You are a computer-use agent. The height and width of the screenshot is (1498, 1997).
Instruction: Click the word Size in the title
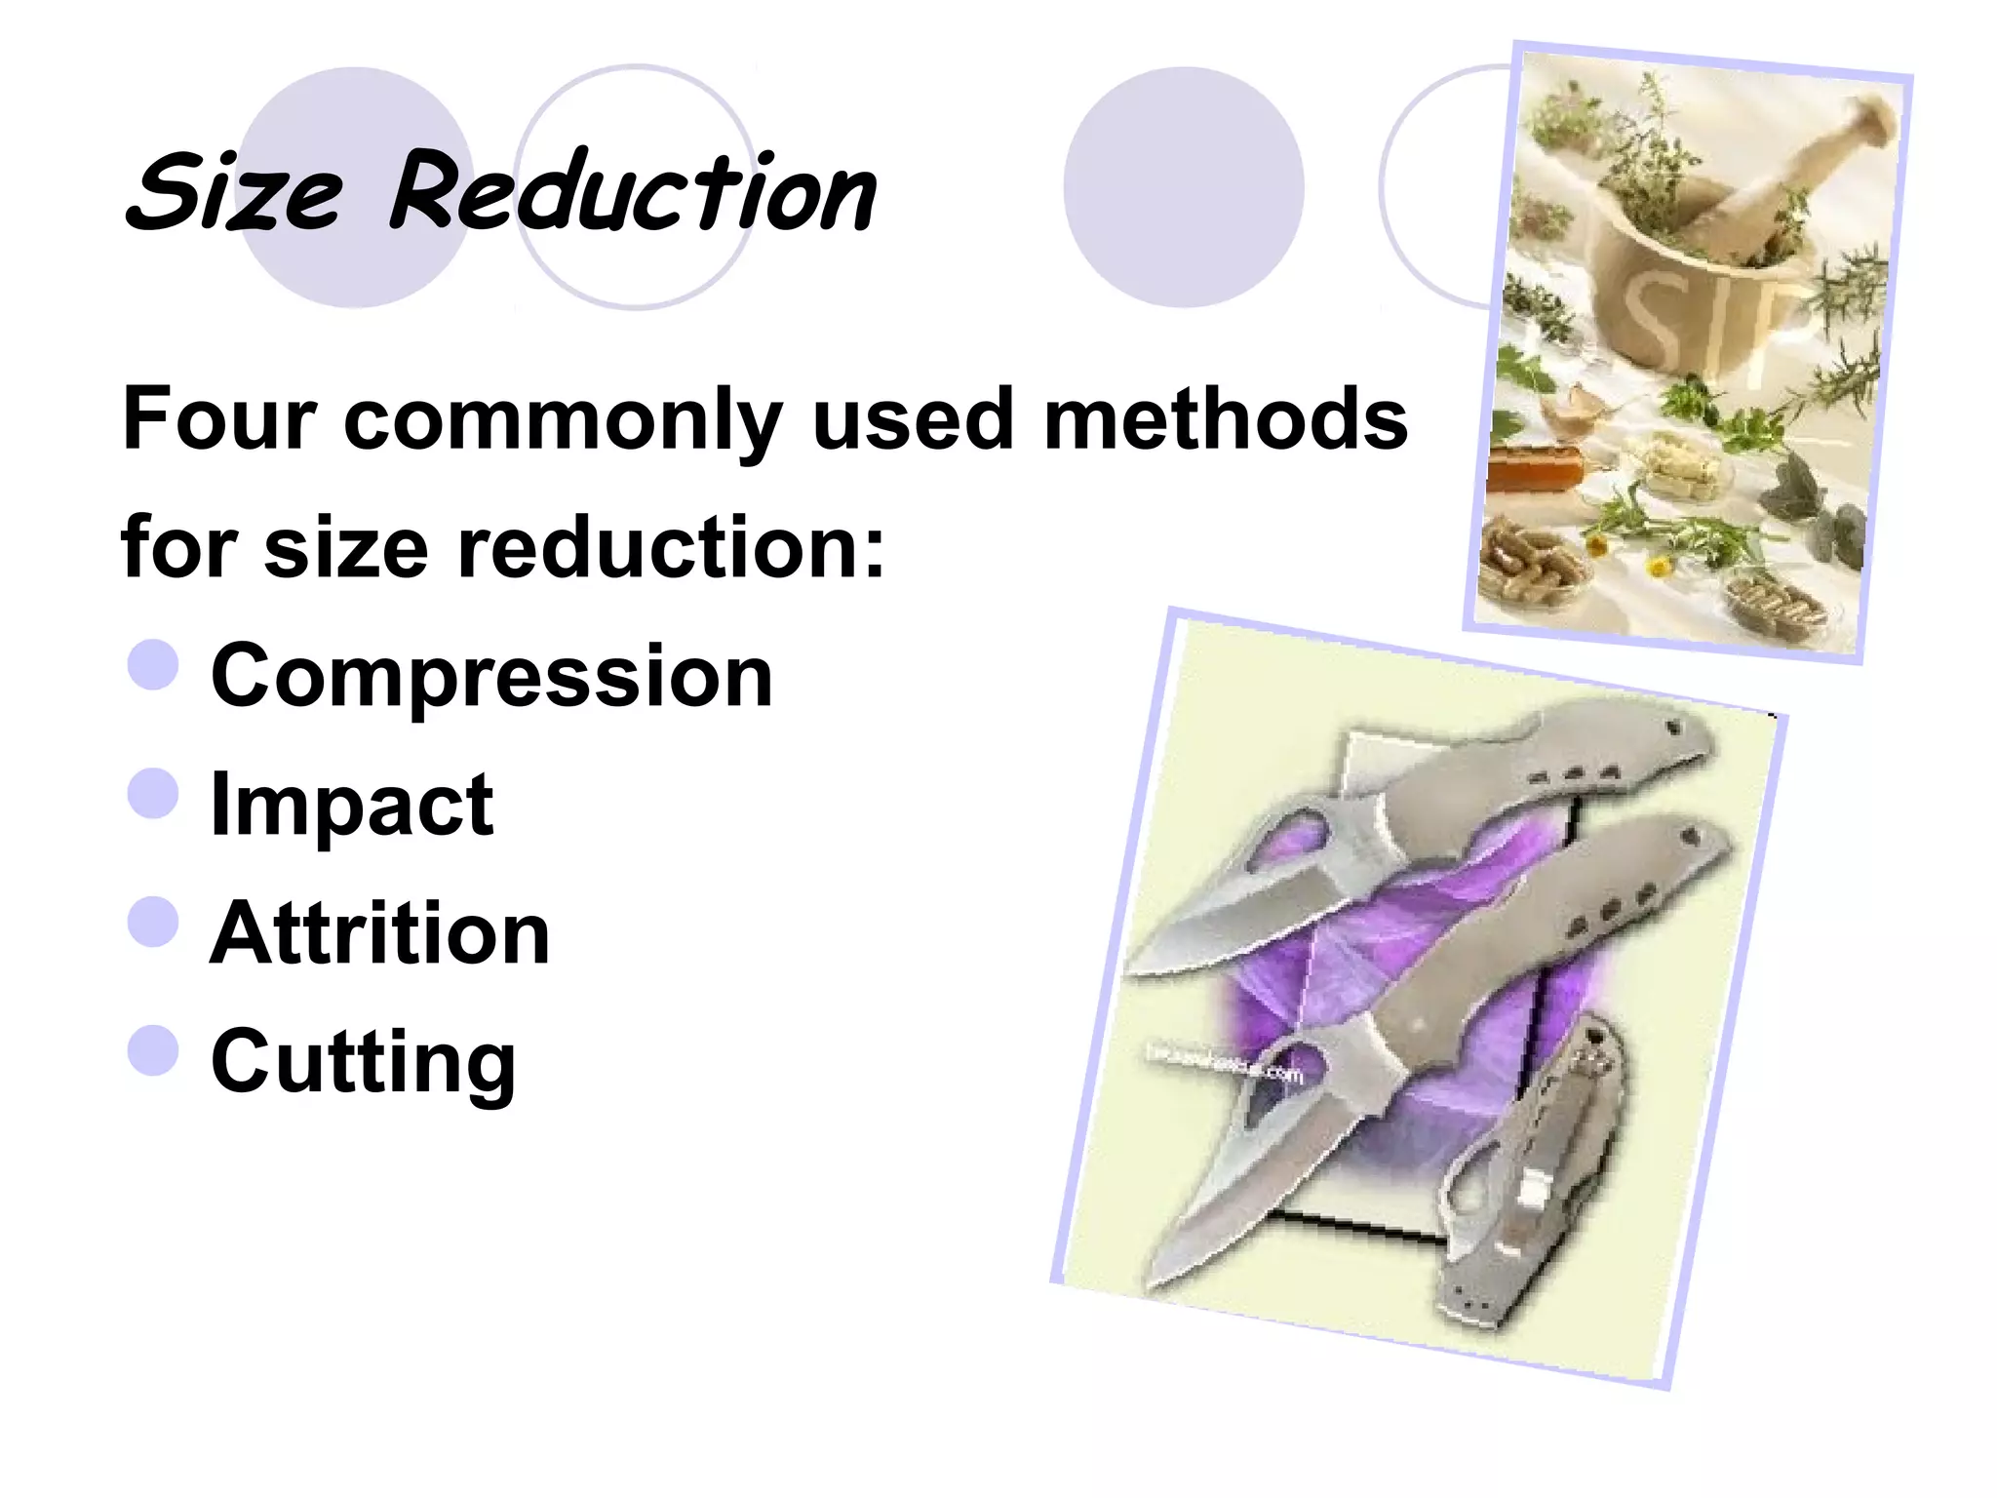(234, 192)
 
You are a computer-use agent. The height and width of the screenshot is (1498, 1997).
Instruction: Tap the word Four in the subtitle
(219, 419)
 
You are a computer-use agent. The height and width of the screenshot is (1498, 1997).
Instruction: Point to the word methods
(1225, 419)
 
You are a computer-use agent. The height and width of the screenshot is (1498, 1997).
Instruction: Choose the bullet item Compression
(491, 676)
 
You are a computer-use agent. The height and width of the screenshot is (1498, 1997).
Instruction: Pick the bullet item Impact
(352, 805)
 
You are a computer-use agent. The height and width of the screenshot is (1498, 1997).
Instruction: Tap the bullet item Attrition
(380, 933)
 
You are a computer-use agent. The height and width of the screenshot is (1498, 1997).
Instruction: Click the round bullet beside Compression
(153, 665)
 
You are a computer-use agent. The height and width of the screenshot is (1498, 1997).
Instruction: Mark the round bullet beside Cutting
(153, 1050)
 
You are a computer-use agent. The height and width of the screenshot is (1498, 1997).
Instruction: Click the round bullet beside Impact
(153, 793)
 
